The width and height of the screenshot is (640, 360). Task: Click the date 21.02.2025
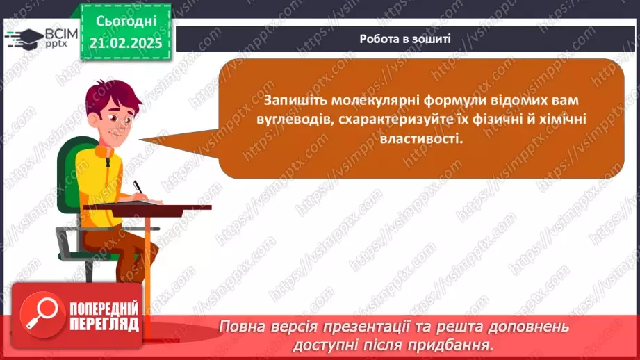pyautogui.click(x=125, y=42)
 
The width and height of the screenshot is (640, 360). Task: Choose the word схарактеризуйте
pyautogui.click(x=379, y=120)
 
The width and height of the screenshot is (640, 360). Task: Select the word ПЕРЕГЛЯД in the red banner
pyautogui.click(x=104, y=325)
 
